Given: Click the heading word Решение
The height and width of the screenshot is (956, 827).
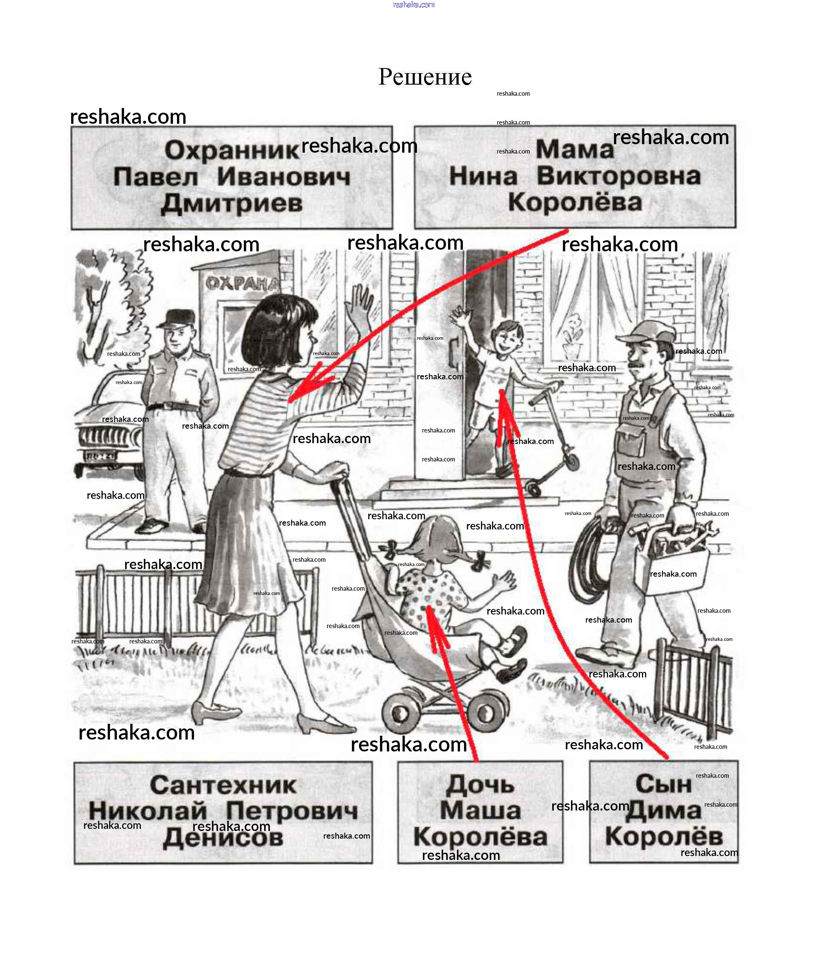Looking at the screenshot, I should [425, 77].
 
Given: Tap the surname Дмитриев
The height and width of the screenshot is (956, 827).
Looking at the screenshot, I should [232, 204].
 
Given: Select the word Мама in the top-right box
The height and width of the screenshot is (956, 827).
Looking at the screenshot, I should [575, 150].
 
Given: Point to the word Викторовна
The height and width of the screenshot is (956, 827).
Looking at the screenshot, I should [619, 176].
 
